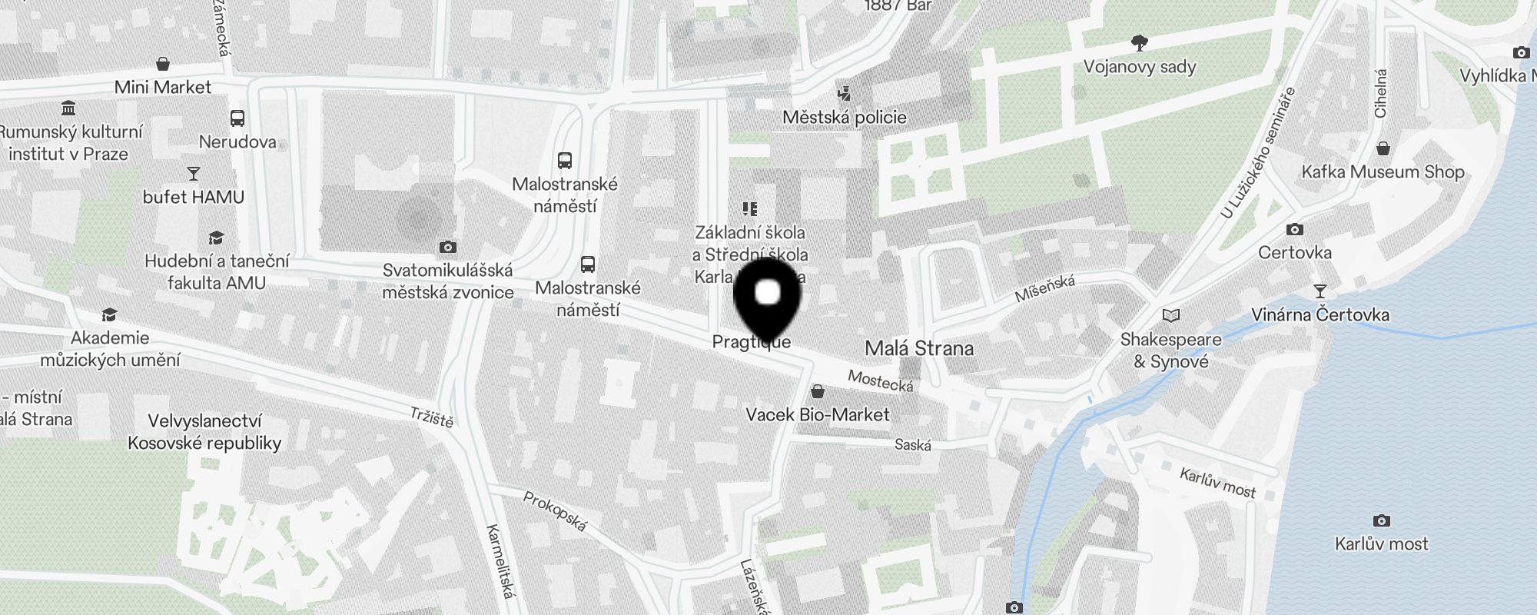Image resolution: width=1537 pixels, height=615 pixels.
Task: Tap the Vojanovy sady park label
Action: pos(1140,67)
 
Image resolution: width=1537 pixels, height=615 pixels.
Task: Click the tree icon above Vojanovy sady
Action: pos(1140,42)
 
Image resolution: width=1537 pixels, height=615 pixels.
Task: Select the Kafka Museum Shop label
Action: pos(1383,171)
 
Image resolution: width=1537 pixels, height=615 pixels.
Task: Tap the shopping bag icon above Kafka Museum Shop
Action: pos(1383,148)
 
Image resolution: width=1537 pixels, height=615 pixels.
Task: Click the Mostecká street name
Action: pos(881,381)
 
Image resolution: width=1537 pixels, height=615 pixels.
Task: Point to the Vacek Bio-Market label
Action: pos(817,415)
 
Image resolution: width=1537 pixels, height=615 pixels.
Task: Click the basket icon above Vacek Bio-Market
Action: pos(818,391)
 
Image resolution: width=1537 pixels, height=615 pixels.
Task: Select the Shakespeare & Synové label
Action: pos(1170,351)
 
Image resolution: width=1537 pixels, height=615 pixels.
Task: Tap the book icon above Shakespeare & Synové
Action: pos(1170,315)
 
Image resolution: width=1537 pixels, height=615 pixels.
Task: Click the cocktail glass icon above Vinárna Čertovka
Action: pos(1320,291)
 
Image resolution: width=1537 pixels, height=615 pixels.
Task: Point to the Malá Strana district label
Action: pos(919,348)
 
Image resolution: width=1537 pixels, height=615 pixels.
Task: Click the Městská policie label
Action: pos(844,118)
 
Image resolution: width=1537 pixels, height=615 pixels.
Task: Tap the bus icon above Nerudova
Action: pos(237,118)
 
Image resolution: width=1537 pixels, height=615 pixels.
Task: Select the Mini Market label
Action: pos(162,87)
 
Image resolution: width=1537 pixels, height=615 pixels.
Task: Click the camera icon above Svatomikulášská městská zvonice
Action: pos(448,247)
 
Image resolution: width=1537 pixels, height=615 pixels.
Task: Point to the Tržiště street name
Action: pos(432,417)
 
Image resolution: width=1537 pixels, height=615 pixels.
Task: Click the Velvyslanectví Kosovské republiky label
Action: pos(204,432)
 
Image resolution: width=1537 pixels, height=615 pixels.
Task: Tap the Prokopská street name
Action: pos(555,511)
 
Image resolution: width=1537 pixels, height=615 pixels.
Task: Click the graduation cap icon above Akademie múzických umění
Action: pos(109,314)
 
